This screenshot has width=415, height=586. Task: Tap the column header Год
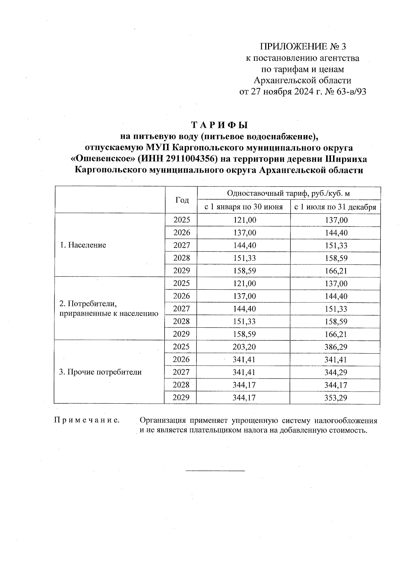coord(182,200)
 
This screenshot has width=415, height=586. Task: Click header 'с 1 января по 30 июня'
coord(243,207)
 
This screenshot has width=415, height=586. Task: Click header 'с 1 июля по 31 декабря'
coord(335,207)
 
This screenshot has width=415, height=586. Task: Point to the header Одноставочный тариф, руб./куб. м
coord(288,193)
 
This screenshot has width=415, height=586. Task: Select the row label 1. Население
coord(83,245)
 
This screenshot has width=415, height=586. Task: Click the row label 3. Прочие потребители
coord(101,372)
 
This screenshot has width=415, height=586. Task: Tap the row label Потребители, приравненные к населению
coord(109,309)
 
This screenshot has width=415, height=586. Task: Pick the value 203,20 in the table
coord(244,347)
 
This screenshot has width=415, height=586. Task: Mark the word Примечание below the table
coord(87,421)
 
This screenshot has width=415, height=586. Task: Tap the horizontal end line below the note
coord(215,471)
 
